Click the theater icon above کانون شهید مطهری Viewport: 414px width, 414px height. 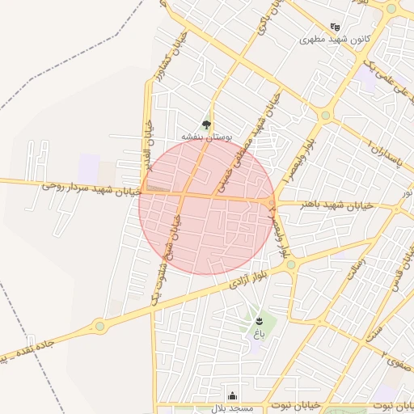[336, 27]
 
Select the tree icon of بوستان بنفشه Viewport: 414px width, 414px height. [206, 125]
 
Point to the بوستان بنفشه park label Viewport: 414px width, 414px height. [206, 137]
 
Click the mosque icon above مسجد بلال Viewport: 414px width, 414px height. [233, 395]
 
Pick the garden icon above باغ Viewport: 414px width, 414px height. [259, 321]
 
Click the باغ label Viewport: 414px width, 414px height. [259, 333]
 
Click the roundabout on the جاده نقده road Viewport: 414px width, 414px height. [100, 326]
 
